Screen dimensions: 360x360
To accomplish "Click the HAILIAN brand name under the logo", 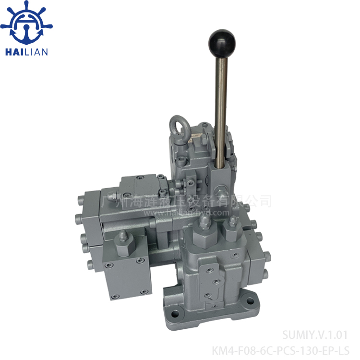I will [x=26, y=52].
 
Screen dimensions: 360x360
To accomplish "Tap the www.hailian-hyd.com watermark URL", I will [x=192, y=211].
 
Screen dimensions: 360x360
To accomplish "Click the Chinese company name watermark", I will [x=187, y=201].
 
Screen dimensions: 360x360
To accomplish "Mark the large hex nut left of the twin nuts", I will [x=204, y=225].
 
